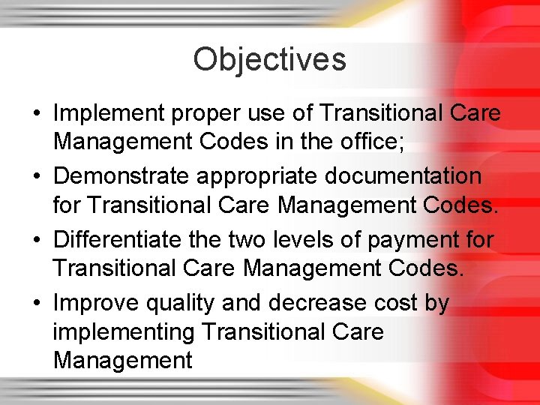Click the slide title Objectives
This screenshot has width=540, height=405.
tap(269, 59)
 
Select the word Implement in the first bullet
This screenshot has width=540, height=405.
tap(111, 113)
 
